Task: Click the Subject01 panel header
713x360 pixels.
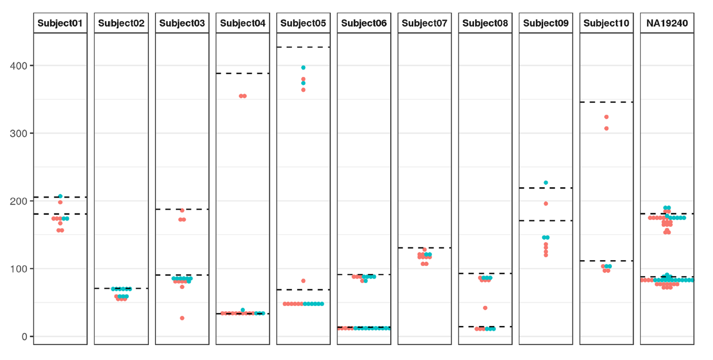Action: [x=60, y=24]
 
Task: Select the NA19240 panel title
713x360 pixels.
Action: [x=667, y=24]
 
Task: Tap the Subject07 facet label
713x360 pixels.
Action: [x=425, y=24]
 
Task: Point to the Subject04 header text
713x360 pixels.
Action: [x=242, y=24]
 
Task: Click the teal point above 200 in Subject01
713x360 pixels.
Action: [x=60, y=196]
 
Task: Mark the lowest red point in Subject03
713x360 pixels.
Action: [x=182, y=318]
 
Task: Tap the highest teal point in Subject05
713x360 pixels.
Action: [x=303, y=68]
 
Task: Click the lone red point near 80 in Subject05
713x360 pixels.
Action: [x=303, y=281]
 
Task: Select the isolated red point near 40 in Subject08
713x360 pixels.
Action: [x=485, y=308]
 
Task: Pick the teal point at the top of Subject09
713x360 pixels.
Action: [x=546, y=183]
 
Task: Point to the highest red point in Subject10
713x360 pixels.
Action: [x=606, y=117]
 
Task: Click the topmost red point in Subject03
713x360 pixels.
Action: [x=182, y=210]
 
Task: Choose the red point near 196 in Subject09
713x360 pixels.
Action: [x=546, y=204]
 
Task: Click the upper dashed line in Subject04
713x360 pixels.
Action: [x=242, y=73]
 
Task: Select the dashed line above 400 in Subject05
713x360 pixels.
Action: [x=303, y=47]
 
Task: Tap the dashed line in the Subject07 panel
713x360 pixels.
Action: [x=425, y=248]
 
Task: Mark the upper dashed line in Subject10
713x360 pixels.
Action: [x=606, y=102]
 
